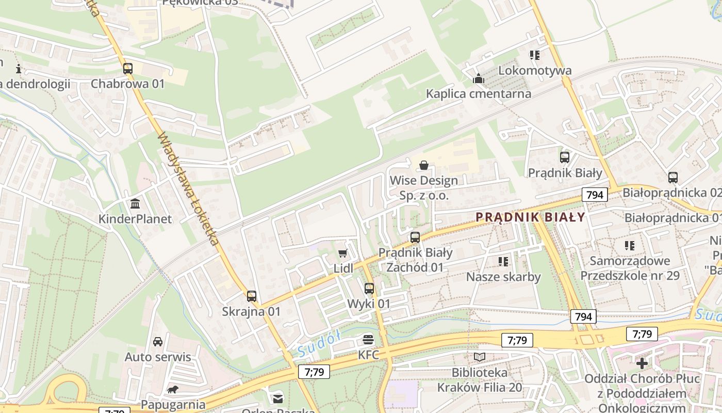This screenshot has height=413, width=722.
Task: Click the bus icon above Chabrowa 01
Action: pos(127,69)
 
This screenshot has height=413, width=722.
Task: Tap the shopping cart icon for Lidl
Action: pos(343,253)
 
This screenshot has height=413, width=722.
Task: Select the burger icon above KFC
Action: pos(368,340)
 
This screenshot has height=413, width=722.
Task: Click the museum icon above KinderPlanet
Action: pos(135,204)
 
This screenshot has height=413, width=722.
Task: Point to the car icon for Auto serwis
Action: pos(158,342)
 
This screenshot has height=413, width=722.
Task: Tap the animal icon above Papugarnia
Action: pos(173,389)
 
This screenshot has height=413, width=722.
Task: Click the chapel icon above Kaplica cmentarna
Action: pos(479,79)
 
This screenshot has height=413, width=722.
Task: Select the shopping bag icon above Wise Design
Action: pos(424,165)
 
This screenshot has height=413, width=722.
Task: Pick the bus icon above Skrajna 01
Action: pos(251,296)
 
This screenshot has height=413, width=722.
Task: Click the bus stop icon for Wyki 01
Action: pos(369,289)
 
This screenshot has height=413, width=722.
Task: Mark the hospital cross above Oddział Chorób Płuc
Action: pos(642,363)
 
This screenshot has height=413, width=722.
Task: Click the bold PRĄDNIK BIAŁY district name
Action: pos(531,217)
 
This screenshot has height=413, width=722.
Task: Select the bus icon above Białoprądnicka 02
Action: pos(673,178)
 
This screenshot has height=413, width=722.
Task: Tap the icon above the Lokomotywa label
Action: pos(534,55)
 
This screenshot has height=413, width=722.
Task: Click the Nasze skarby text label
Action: pos(503,277)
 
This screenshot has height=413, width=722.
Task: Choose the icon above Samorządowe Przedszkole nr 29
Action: pos(630,246)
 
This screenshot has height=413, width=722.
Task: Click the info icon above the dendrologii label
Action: pos(19,68)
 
